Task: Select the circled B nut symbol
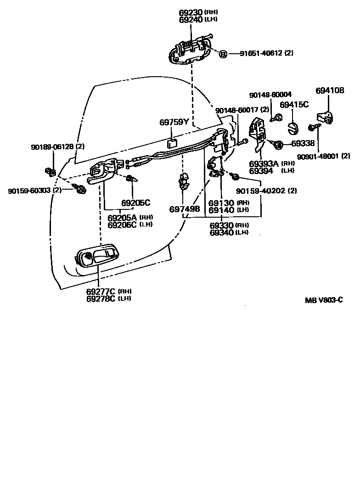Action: [x=223, y=54]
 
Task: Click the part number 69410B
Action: [x=330, y=90]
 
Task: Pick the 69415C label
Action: [x=294, y=105]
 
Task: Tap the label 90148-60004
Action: [x=270, y=95]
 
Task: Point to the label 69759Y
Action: [x=174, y=122]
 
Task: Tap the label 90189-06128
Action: [x=52, y=147]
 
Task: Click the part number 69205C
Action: [x=136, y=203]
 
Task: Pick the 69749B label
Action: [x=185, y=209]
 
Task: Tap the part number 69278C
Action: [x=101, y=298]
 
